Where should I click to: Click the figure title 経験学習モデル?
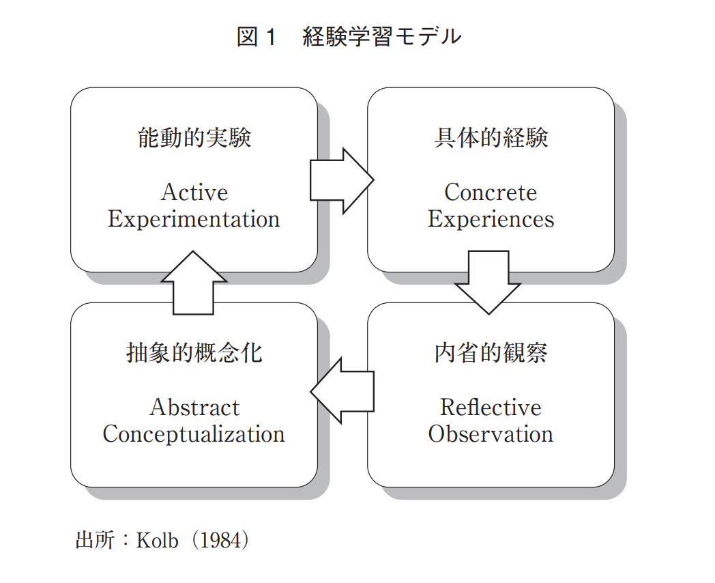point(381,37)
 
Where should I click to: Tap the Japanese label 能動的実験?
point(194,138)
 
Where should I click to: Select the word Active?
point(194,193)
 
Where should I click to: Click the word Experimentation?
point(194,219)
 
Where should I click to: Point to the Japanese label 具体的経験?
point(491,138)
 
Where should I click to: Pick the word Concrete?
point(491,193)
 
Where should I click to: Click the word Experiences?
point(491,219)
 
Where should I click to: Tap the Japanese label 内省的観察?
point(491,353)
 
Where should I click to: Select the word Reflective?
point(491,408)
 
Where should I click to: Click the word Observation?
point(491,434)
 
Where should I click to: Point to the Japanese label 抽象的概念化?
point(194,353)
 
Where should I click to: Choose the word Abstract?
point(194,408)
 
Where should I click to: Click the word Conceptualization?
point(194,434)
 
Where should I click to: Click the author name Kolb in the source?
point(158,541)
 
